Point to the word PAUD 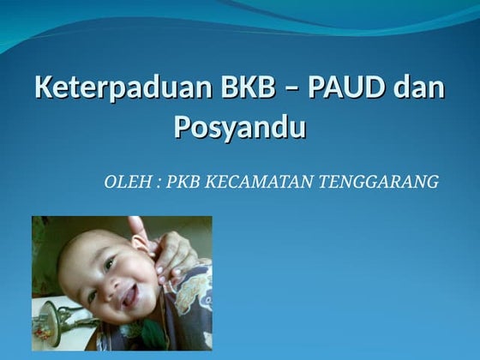click(x=337, y=88)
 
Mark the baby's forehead click(x=90, y=244)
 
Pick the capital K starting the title click(x=44, y=88)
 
